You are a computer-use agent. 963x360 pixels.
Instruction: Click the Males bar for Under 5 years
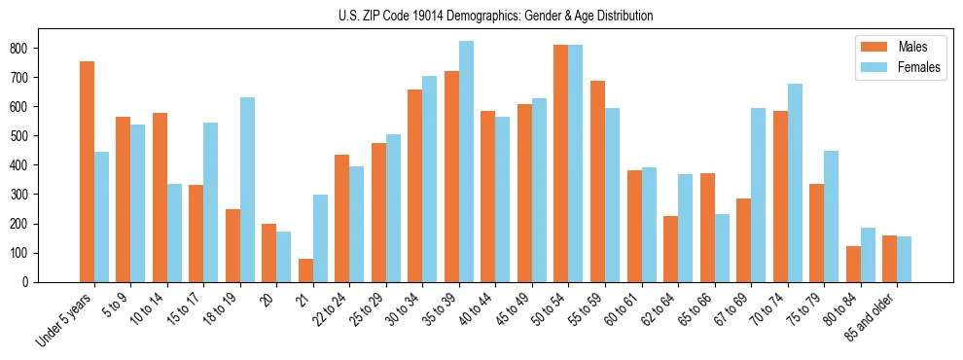coord(87,171)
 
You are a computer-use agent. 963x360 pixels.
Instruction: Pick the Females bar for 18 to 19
coord(247,190)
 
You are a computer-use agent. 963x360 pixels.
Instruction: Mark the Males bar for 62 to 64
coord(670,249)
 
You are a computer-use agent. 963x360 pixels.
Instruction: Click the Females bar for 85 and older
coord(904,259)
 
